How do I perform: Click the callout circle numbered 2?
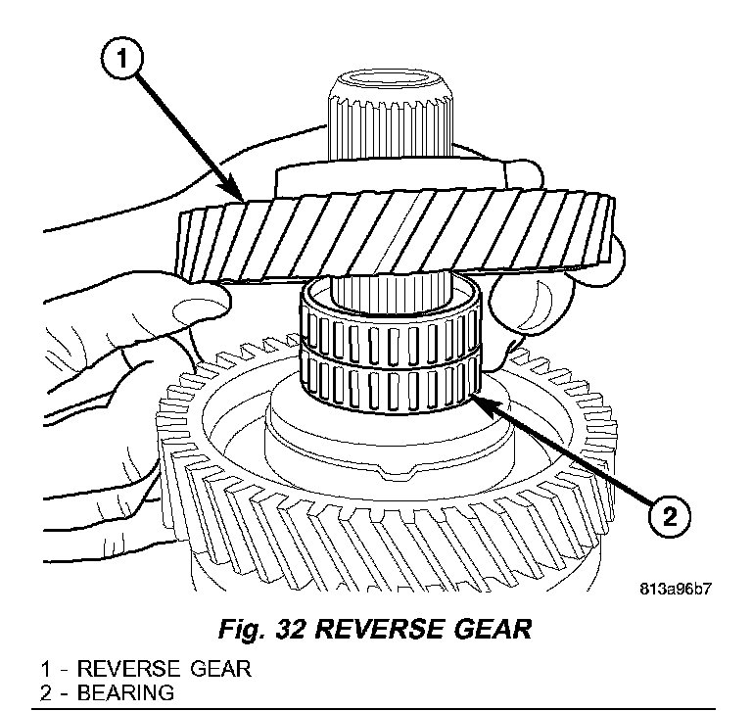coord(666,515)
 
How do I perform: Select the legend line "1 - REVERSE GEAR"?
coord(145,670)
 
